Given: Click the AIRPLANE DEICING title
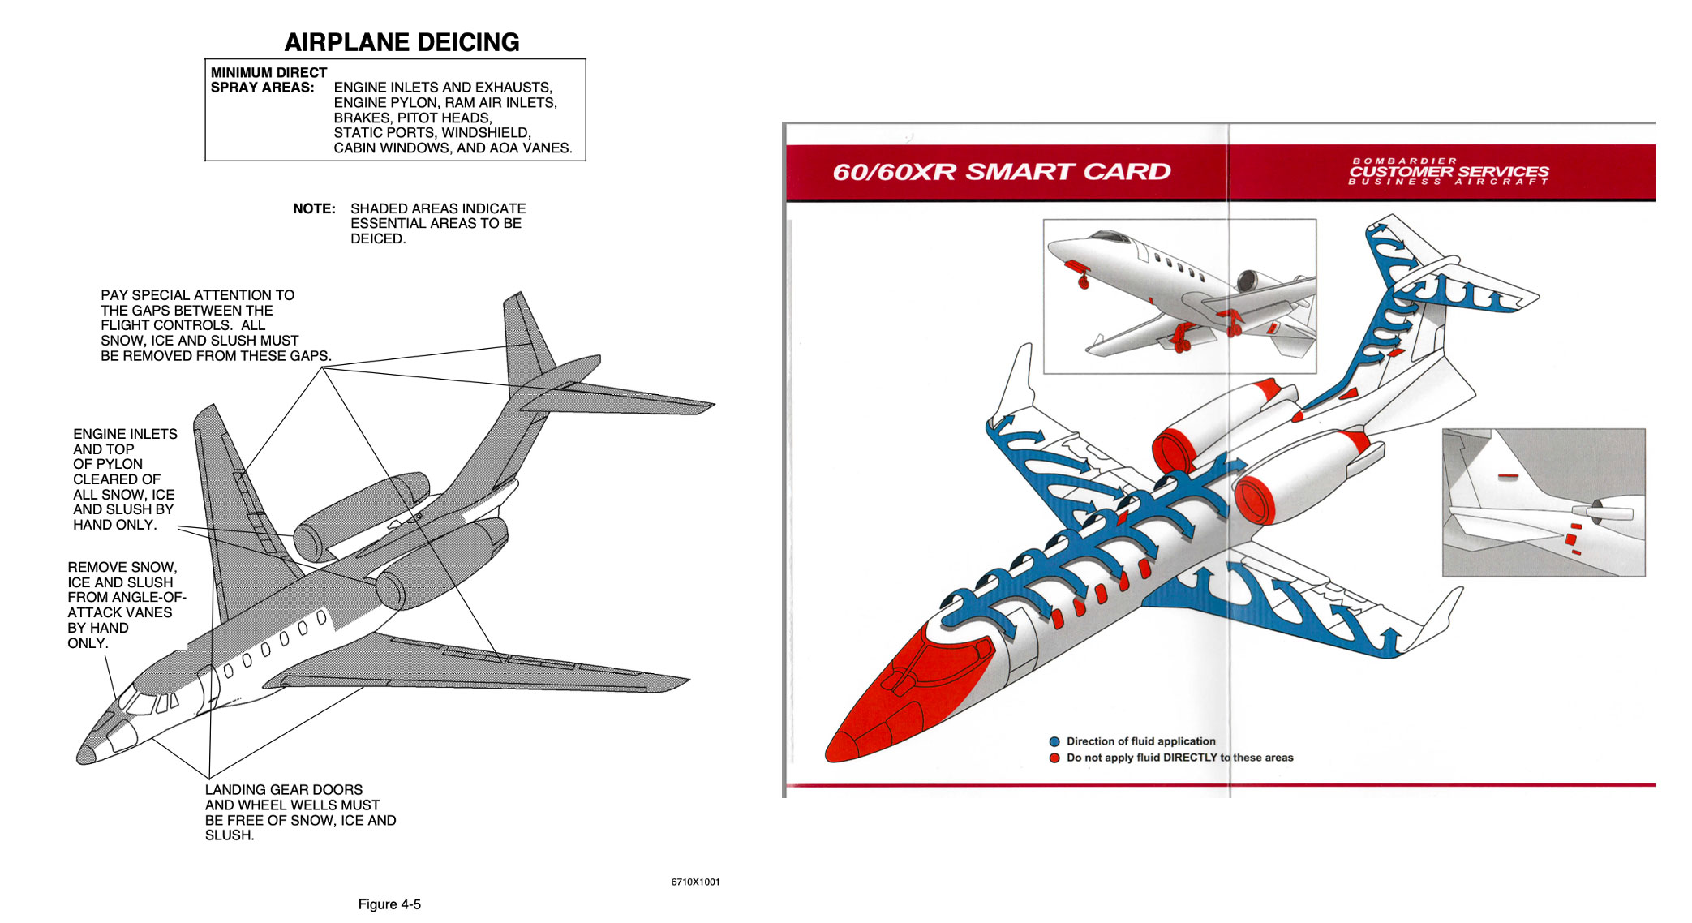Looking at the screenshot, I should (402, 42).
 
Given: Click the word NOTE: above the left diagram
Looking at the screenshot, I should (314, 208).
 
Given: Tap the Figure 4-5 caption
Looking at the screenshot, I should (389, 904).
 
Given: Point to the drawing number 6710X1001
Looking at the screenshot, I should (695, 882).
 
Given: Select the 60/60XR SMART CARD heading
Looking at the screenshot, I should (1001, 172).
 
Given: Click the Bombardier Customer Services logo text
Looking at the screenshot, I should (1449, 172).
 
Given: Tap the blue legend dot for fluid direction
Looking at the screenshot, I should (1054, 741).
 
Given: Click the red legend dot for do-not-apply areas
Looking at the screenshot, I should (1054, 758).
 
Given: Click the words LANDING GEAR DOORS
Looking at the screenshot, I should (284, 790).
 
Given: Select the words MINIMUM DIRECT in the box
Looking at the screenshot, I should (268, 72).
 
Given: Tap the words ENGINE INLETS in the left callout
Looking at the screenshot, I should (125, 434).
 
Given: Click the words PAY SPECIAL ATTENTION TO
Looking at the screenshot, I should (197, 295).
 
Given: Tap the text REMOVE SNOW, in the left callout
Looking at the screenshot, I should (122, 567).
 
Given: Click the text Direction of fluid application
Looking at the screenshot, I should (1140, 741).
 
